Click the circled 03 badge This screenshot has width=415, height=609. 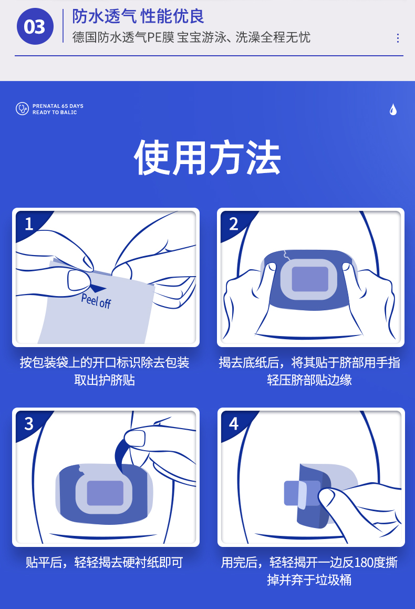click(35, 26)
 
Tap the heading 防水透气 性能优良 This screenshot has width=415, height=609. click(138, 16)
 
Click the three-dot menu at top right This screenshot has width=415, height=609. click(398, 38)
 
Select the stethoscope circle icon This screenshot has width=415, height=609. click(22, 109)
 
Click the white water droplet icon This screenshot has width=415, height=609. click(393, 109)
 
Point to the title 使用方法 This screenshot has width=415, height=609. click(207, 157)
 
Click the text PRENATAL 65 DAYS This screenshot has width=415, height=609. click(58, 106)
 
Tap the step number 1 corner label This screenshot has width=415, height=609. click(29, 224)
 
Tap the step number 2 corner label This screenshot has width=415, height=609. click(233, 224)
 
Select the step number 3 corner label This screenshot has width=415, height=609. click(29, 424)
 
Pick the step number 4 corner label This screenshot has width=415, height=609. click(233, 424)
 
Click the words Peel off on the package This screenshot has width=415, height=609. click(96, 301)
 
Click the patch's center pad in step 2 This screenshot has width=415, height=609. click(310, 279)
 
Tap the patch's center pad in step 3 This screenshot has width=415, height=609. click(105, 493)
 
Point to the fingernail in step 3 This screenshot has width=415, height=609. click(134, 438)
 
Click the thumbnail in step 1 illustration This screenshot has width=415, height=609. click(79, 280)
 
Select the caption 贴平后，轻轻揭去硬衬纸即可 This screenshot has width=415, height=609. click(105, 562)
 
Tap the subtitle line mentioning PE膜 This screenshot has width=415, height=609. click(191, 37)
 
